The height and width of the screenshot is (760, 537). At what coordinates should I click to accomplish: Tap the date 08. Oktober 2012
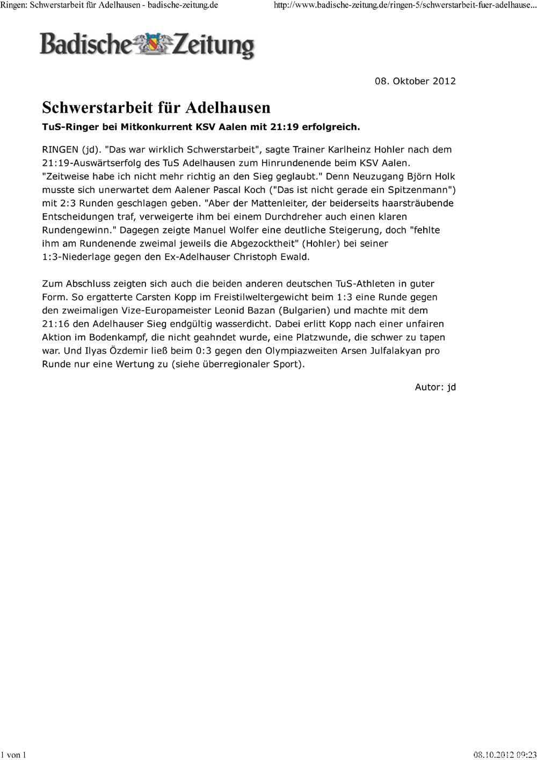coord(415,81)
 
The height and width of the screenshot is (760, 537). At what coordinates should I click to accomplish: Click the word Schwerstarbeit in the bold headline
coord(98,108)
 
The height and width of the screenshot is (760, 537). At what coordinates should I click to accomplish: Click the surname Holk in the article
coord(444,176)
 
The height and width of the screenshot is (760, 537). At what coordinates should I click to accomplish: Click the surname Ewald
coord(294,257)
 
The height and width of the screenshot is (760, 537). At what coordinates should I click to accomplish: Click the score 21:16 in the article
coord(55,324)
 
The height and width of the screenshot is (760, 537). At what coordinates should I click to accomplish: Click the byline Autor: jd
coord(435,387)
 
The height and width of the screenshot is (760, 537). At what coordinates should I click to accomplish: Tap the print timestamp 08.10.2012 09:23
coord(505,755)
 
